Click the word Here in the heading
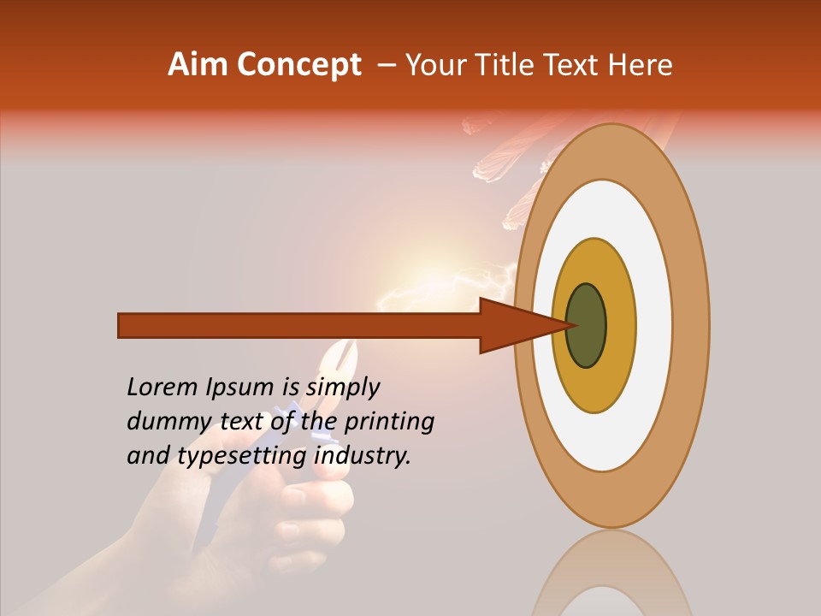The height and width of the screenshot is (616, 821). click(641, 65)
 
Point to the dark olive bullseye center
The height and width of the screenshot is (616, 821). click(587, 326)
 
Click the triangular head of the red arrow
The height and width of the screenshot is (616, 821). click(513, 326)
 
